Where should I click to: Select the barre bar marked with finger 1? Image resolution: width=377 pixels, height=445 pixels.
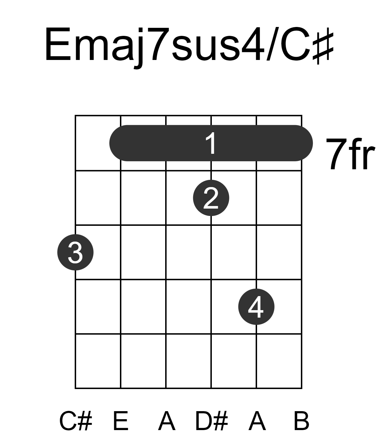211,143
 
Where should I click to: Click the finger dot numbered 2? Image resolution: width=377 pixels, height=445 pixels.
211,198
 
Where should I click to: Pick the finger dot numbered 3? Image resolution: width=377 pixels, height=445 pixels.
75,252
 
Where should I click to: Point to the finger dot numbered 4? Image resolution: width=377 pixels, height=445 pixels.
256,307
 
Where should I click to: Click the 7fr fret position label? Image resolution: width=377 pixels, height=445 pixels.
350,154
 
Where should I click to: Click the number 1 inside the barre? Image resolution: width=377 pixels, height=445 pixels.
211,143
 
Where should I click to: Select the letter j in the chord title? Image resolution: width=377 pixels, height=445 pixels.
139,48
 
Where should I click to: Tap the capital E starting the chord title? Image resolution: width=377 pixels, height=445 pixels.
58,44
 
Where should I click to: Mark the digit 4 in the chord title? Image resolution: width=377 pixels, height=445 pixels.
253,44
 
